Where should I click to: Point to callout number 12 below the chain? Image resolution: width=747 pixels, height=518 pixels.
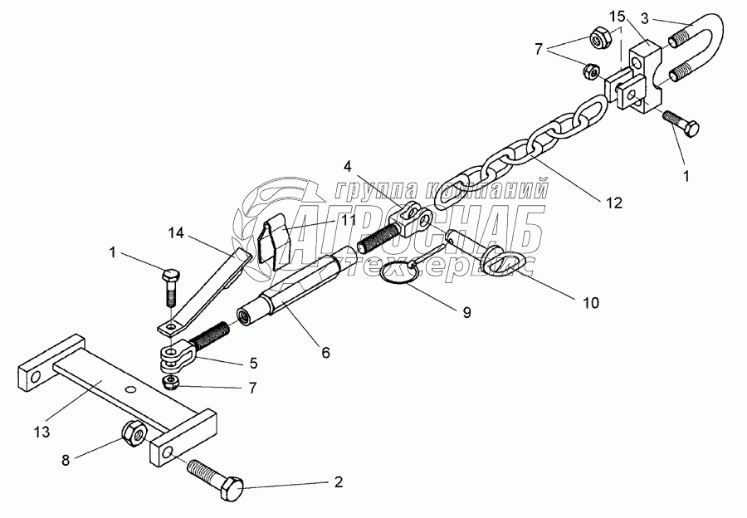point(614,200)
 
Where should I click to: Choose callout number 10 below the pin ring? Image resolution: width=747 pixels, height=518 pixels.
point(590,303)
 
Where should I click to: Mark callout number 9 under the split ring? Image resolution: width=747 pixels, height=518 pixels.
point(466,312)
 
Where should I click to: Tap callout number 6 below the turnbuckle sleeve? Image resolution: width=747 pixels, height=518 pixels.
point(325,353)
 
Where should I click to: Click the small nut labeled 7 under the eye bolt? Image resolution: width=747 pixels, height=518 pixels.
point(172,381)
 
